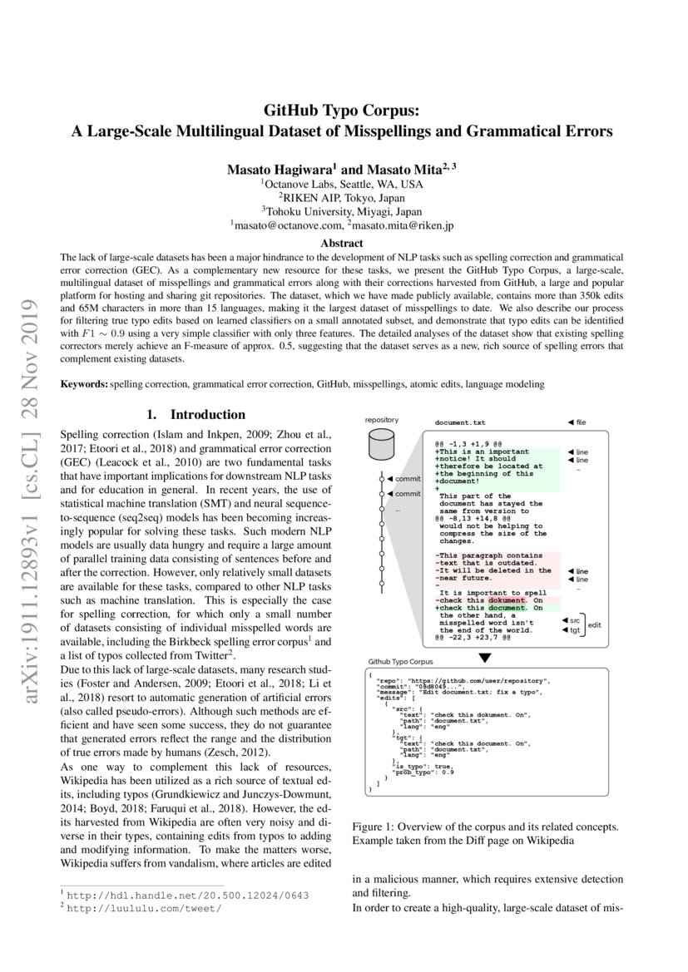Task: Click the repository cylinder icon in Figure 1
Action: pos(382,449)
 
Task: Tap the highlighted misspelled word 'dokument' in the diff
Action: pos(507,600)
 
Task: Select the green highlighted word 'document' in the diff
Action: pos(507,608)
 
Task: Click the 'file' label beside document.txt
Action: pos(577,422)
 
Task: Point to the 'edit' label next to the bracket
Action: pos(594,624)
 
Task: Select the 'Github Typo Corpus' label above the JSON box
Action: pos(400,662)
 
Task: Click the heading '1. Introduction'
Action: pos(196,414)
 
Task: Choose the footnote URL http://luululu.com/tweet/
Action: pos(143,908)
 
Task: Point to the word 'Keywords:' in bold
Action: pos(84,384)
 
